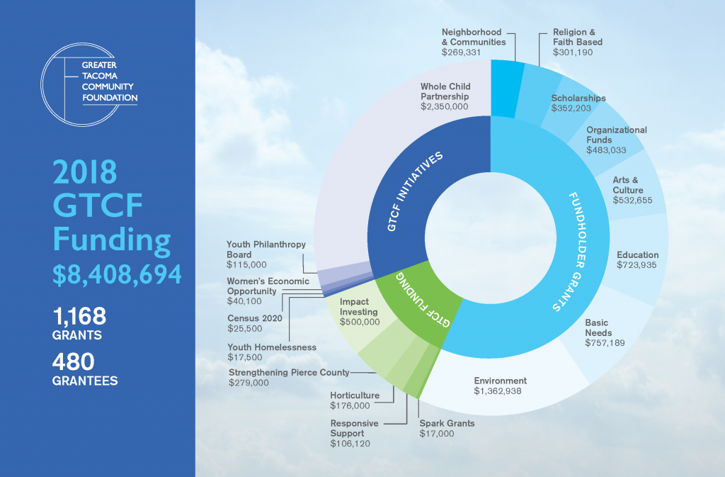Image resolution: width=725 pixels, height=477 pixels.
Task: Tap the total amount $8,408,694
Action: click(117, 274)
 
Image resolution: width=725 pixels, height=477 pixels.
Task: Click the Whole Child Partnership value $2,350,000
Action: click(444, 106)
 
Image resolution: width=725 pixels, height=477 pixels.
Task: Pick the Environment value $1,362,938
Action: click(501, 391)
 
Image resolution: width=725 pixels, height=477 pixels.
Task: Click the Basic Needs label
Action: click(598, 327)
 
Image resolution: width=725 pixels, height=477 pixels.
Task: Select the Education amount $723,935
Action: click(637, 265)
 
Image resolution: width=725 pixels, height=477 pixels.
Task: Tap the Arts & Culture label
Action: click(627, 185)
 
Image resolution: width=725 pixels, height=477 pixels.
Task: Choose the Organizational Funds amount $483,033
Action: click(607, 150)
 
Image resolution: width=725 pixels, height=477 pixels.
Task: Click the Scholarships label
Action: click(578, 99)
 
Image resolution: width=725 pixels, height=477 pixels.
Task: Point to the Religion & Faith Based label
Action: click(578, 37)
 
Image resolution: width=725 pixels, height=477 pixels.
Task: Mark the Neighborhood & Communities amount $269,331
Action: click(472, 52)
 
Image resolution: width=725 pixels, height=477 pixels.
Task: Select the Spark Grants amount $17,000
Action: click(437, 434)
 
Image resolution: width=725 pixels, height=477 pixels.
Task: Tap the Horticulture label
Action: click(355, 395)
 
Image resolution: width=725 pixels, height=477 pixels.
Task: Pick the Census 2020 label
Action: click(254, 318)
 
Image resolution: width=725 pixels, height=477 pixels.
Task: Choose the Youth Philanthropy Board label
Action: click(266, 249)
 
